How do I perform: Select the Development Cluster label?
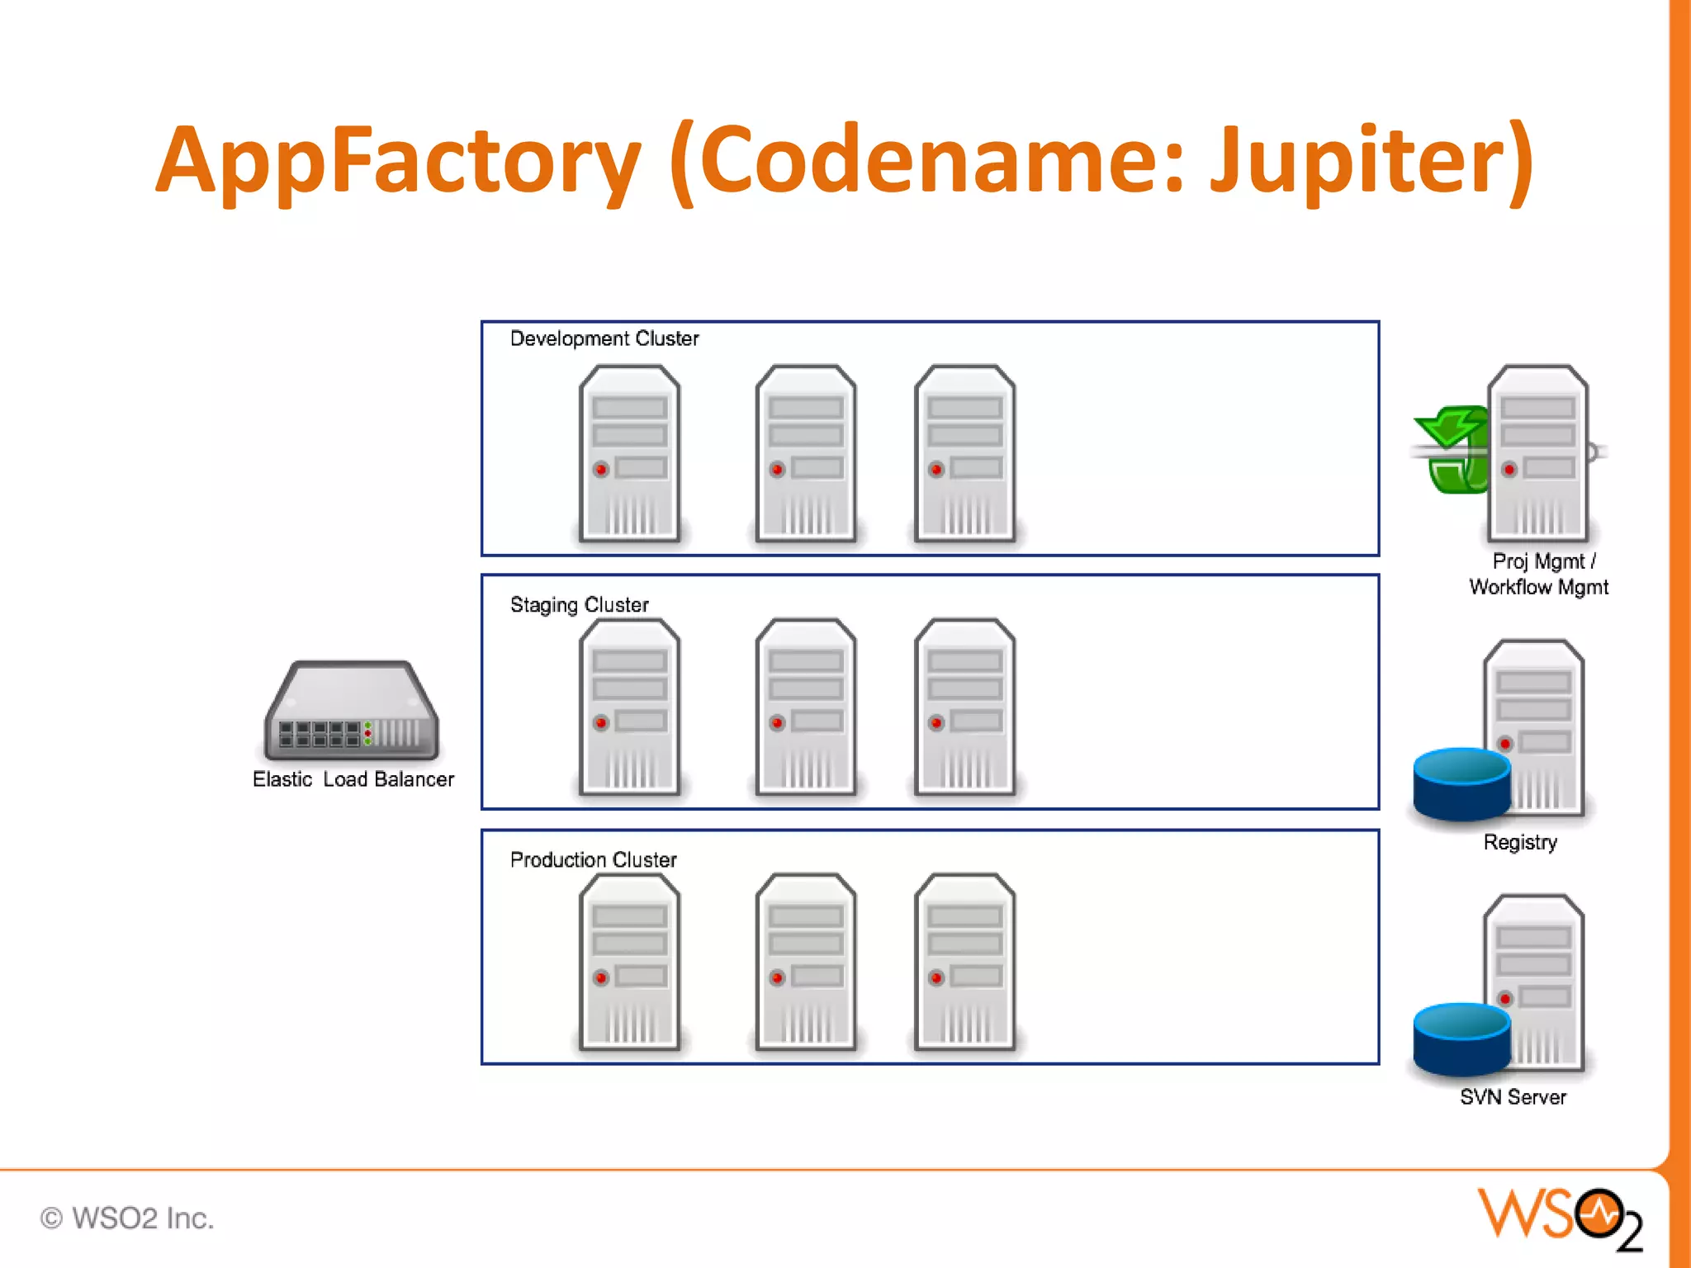(x=604, y=338)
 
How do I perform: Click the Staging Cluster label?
(x=579, y=605)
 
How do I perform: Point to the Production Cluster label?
(x=593, y=859)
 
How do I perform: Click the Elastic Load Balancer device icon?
(x=351, y=712)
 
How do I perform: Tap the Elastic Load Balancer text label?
(x=353, y=779)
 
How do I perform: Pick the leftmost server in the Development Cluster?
(x=629, y=454)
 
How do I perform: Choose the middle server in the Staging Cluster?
(x=806, y=707)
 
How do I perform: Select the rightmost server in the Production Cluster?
(x=964, y=963)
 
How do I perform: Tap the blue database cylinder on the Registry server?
(x=1461, y=783)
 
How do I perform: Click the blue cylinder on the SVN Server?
(x=1461, y=1039)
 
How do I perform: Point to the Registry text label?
(x=1520, y=842)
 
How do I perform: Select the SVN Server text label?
(x=1513, y=1097)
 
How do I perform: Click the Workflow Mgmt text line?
(x=1538, y=587)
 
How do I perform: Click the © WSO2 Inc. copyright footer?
(x=127, y=1218)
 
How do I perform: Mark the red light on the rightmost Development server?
(x=935, y=470)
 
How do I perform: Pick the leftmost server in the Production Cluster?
(x=629, y=963)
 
